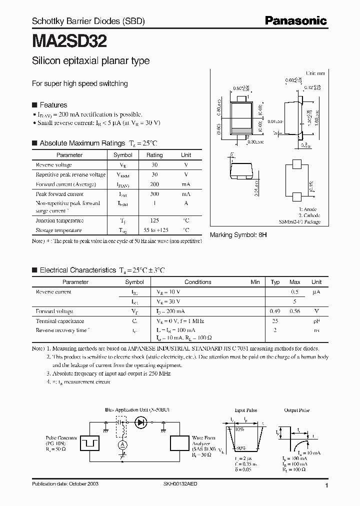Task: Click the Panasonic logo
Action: [x=295, y=20]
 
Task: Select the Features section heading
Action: [x=53, y=105]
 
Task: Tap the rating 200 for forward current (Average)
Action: [x=154, y=184]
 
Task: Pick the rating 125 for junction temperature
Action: [x=154, y=220]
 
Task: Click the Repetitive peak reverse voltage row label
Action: [x=70, y=174]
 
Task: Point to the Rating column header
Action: [x=154, y=155]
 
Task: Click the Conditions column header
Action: [x=198, y=282]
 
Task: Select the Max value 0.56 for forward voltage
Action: [x=295, y=311]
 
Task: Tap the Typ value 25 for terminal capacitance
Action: [x=275, y=321]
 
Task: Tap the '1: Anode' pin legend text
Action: [x=308, y=209]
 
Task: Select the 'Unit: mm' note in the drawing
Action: [x=315, y=73]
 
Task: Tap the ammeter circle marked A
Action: [x=120, y=444]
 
